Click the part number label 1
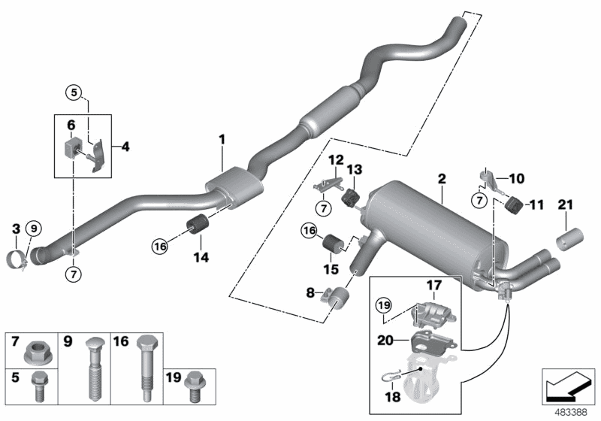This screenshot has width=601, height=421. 222,139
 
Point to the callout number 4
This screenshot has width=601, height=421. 125,147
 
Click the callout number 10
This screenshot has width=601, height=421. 539,179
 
